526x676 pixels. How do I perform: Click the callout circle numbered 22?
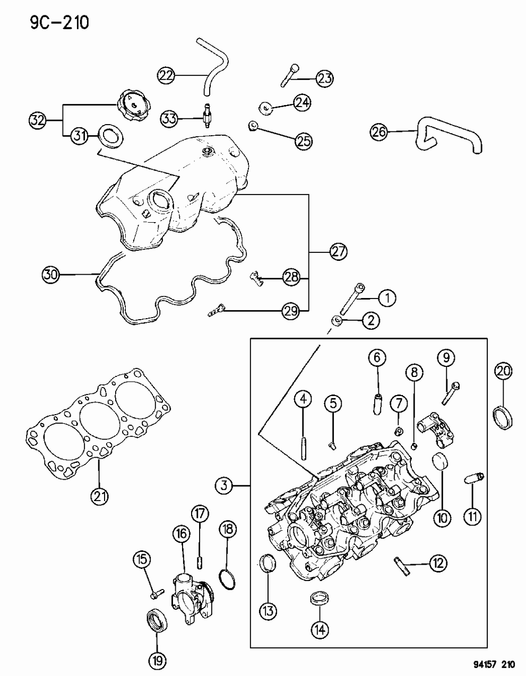[x=167, y=76]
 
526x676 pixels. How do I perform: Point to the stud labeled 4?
[x=304, y=443]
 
